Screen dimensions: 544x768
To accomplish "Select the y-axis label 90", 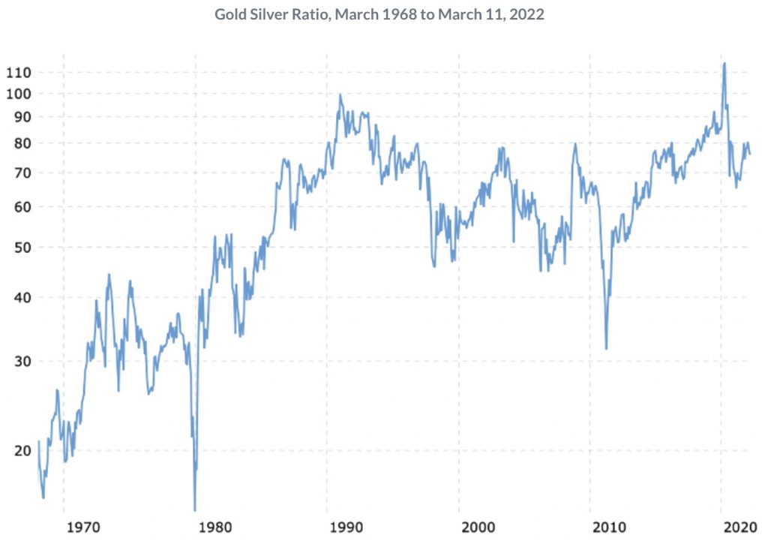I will coord(22,117).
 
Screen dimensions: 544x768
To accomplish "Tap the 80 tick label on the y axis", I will coord(22,143).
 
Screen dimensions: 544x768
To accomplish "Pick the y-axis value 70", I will coord(22,173).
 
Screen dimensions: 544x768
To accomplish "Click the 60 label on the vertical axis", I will coord(22,207).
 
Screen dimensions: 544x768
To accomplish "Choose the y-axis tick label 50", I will coord(22,248).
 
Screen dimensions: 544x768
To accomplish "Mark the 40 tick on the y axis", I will coord(22,298).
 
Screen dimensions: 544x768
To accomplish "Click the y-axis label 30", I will coord(22,362).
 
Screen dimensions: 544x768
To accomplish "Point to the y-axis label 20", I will coord(22,450).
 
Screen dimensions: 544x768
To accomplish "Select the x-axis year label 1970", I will coord(82,527).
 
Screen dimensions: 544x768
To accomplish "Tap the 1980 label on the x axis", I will coord(214,527).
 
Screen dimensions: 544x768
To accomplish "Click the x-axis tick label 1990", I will coord(346,527).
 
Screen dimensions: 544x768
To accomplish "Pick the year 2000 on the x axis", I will coord(478,527).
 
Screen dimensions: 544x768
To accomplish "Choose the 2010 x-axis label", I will coord(609,527).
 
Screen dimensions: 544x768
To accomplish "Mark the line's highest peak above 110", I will coord(724,63).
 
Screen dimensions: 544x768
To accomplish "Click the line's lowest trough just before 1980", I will coord(195,510).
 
